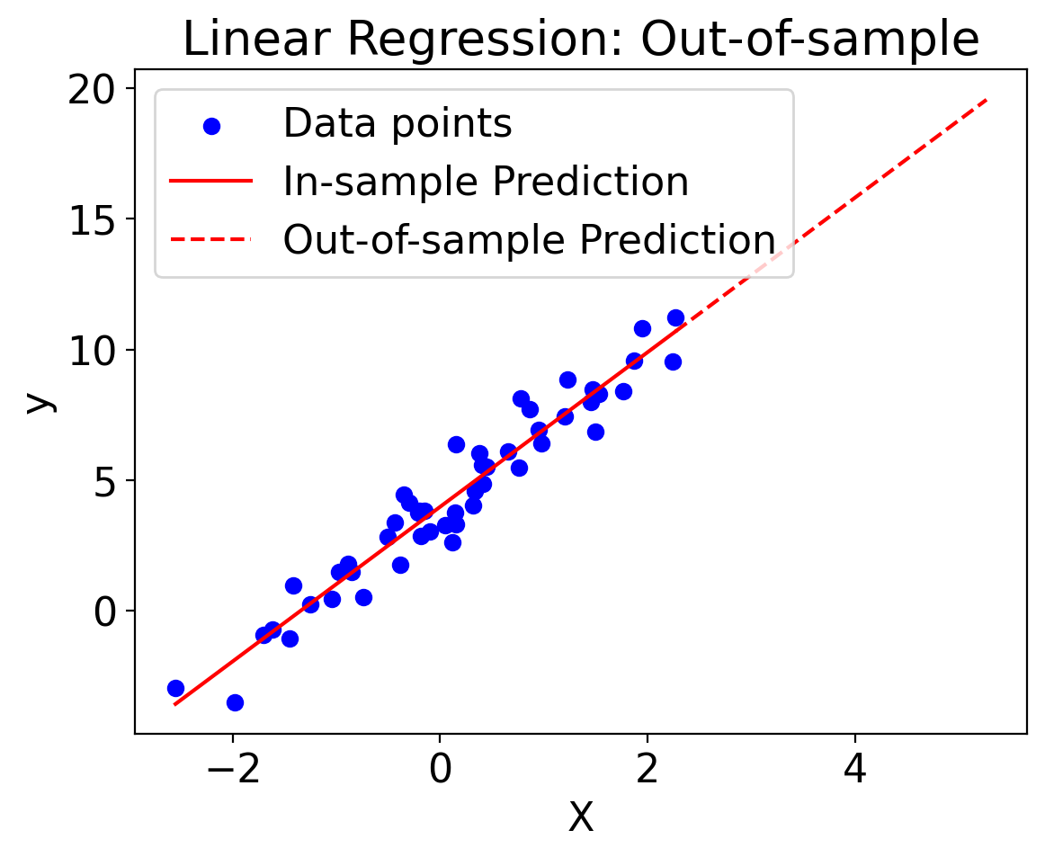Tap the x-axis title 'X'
point(581,817)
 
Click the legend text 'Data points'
point(397,125)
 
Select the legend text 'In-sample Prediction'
point(486,183)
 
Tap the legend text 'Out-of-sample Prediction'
point(529,240)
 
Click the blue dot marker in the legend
point(211,126)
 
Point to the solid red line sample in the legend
point(211,183)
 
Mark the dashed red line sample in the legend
point(211,240)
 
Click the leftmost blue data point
point(175,688)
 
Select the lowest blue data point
point(235,702)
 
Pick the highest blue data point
point(675,317)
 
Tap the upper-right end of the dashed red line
point(987,100)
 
